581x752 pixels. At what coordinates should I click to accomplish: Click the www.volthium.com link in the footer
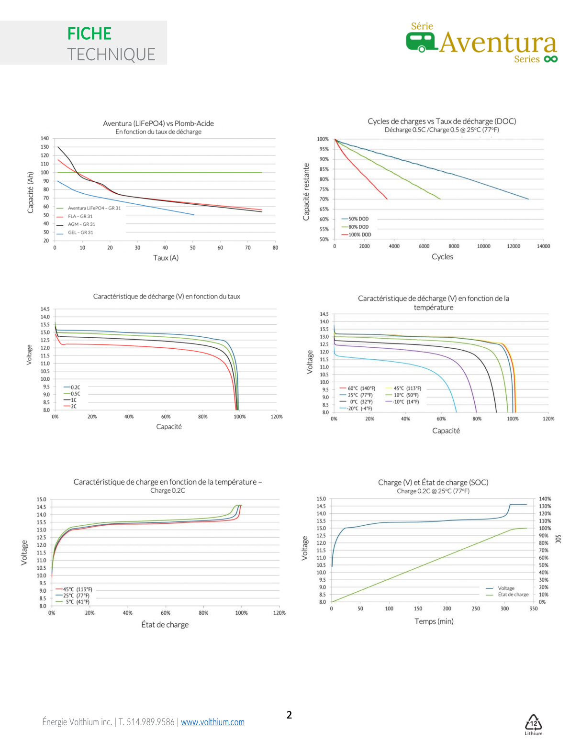click(212, 722)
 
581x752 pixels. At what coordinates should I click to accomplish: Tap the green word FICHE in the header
click(89, 33)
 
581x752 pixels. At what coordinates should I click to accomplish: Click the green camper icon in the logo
click(421, 42)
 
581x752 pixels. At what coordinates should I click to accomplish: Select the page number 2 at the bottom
click(289, 715)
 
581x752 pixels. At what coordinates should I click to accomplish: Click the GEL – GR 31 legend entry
click(80, 232)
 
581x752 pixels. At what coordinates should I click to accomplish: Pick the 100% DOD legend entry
click(359, 235)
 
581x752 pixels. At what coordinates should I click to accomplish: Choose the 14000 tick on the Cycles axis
click(543, 246)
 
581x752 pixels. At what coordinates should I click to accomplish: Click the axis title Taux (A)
click(166, 258)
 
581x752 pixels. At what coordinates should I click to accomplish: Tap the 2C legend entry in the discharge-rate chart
click(73, 406)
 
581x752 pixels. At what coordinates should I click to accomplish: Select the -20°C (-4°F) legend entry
click(359, 409)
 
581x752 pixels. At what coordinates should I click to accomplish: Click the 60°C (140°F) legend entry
click(361, 388)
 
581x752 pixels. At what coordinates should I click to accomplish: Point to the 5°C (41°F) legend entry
click(77, 602)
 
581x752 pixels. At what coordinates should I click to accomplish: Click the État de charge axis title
click(165, 625)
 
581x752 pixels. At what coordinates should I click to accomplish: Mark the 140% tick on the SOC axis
click(545, 499)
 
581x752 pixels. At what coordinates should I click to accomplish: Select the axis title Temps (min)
click(434, 621)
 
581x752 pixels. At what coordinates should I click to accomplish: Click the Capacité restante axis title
click(306, 192)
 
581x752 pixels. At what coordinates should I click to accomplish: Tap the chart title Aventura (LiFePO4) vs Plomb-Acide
click(158, 123)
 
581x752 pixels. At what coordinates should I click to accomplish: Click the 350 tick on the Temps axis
click(533, 609)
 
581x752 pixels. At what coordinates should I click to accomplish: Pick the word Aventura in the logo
click(498, 43)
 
